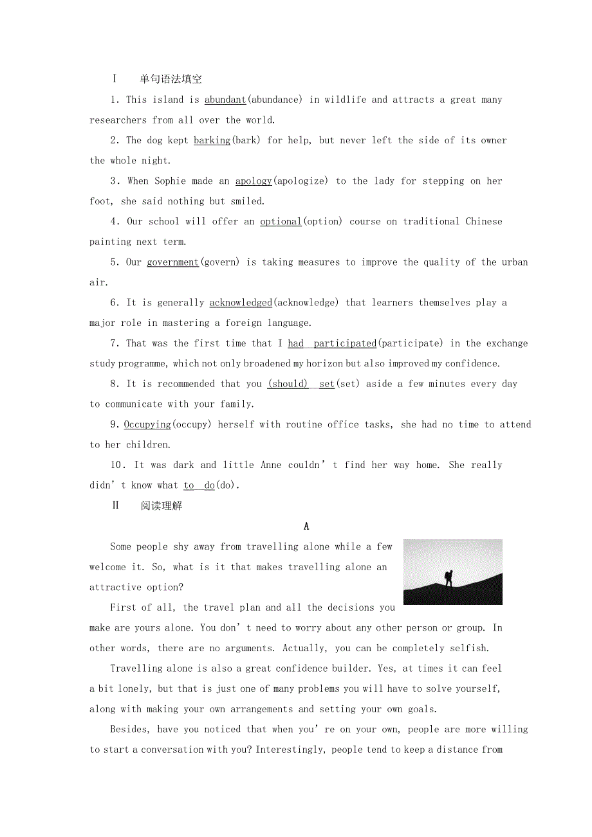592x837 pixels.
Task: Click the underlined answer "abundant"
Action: [x=225, y=100]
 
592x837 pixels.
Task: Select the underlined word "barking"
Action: [x=212, y=140]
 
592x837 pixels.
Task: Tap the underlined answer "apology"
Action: [x=254, y=181]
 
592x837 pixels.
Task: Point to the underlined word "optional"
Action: [x=281, y=221]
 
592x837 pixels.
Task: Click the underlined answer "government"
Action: [x=173, y=262]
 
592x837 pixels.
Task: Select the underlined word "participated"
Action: [x=345, y=343]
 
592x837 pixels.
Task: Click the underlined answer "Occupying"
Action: [x=147, y=424]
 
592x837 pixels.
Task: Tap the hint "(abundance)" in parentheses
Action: [x=275, y=100]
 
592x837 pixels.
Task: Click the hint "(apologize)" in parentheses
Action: [x=301, y=181]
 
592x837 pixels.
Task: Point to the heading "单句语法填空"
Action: [x=171, y=79]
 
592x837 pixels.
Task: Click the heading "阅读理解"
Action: [x=162, y=506]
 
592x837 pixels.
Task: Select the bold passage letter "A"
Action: [x=306, y=526]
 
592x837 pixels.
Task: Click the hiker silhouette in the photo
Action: [x=449, y=577]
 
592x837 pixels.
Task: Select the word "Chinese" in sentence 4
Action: [x=484, y=221]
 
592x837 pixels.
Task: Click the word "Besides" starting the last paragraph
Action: [x=130, y=729]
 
